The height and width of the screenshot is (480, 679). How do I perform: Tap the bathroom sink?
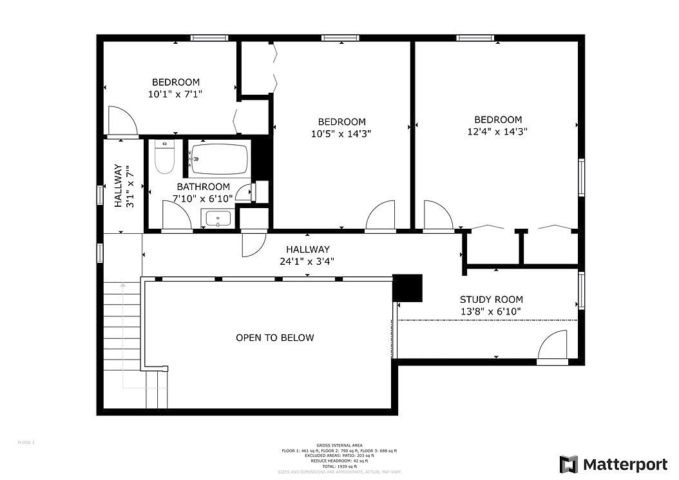pos(219,219)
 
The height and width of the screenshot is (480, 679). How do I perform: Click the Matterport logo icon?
pos(568,464)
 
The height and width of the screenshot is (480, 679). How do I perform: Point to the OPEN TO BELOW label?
pos(274,338)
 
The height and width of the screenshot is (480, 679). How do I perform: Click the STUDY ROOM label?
pos(491,300)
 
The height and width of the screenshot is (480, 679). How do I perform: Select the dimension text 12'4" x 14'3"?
pos(498,131)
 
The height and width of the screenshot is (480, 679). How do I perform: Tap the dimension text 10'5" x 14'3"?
pos(341,133)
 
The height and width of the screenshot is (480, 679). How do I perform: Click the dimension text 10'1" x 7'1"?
pos(176,94)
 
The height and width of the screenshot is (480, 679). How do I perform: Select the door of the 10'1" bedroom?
pos(121,122)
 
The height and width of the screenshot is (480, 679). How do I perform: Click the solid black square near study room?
pos(407,288)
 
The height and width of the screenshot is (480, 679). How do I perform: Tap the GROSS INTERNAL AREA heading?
pos(339,445)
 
